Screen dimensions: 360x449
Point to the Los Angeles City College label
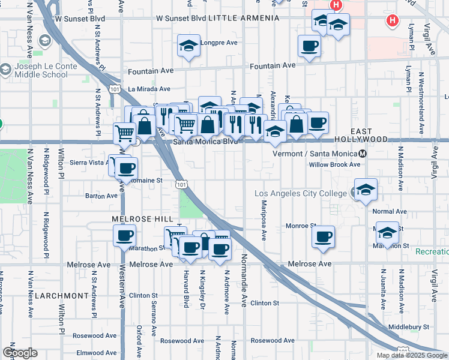tap(300, 193)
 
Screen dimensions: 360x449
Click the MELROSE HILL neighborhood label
tap(142, 219)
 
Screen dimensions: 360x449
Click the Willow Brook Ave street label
tap(334, 164)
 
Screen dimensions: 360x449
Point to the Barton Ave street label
tap(101, 196)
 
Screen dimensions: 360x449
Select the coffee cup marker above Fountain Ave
tap(310, 46)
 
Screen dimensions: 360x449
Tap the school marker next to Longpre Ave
tap(188, 46)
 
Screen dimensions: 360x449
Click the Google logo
tap(20, 353)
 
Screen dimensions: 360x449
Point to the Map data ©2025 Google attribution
tap(412, 355)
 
